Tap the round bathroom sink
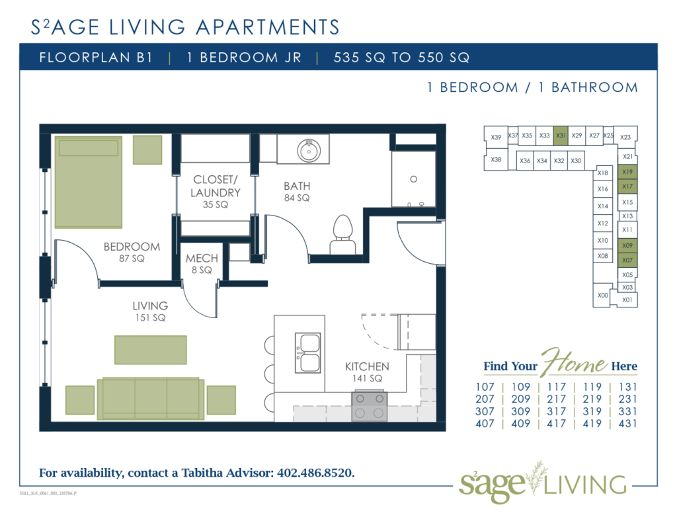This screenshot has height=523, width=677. point(308,151)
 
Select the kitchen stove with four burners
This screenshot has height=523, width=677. point(370,405)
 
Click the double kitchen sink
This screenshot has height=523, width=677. point(307,352)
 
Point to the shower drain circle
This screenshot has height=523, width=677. point(413,179)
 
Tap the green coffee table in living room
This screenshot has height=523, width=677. point(150,350)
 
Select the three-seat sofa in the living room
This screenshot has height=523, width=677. point(151,399)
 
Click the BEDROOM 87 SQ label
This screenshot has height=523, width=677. point(132,252)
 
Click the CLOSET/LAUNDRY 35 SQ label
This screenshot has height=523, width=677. point(215,192)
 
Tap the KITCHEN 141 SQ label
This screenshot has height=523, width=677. point(367,372)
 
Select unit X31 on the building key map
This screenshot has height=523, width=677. point(561,136)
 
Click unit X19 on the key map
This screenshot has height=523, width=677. point(627,172)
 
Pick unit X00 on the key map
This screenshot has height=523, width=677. point(602,296)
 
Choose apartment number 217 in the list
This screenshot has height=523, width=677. point(557,399)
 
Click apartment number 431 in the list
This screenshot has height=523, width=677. point(627,424)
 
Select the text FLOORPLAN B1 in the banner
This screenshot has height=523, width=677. point(96,58)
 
